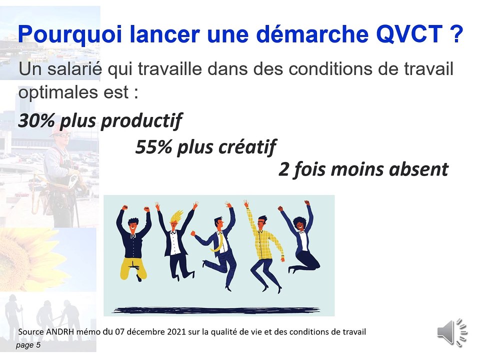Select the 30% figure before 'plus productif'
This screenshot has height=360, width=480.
click(x=36, y=121)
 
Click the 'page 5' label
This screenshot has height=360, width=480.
click(x=28, y=345)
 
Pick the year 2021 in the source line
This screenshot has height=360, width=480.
click(x=167, y=331)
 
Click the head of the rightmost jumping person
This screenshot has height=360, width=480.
click(x=300, y=225)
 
